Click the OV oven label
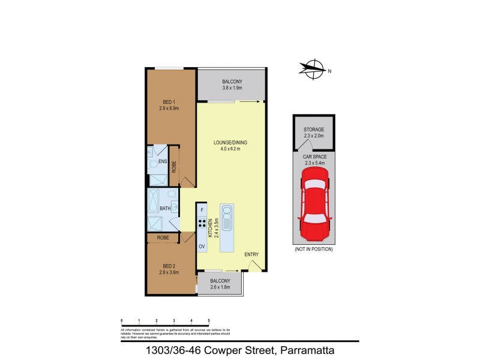coord(202,246)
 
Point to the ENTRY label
coord(251,255)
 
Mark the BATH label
coord(165,209)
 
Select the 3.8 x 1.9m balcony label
coord(232,85)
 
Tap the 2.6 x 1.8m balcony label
coord(220,284)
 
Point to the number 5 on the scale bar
coord(209,320)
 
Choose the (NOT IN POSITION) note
coord(313,249)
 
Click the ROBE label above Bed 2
coord(164,238)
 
